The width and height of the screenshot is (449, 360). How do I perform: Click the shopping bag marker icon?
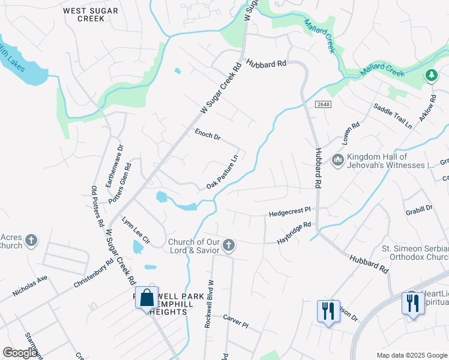point(147,298)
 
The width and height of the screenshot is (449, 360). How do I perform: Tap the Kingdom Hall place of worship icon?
point(337,160)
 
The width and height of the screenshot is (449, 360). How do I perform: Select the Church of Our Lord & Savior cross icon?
point(228,245)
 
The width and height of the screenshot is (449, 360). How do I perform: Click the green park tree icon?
point(430,76)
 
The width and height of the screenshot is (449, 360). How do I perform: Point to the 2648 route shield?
point(323,104)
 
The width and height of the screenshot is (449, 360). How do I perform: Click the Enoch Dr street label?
point(208,134)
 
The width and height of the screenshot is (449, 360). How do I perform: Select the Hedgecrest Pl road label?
point(290,211)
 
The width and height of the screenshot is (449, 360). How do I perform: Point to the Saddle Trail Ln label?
point(393,116)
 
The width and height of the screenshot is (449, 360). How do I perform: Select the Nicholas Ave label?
point(29,286)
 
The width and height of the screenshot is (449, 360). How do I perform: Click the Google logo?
point(20,353)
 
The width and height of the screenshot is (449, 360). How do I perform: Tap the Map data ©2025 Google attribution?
point(411,355)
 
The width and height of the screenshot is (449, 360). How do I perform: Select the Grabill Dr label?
point(419,208)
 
